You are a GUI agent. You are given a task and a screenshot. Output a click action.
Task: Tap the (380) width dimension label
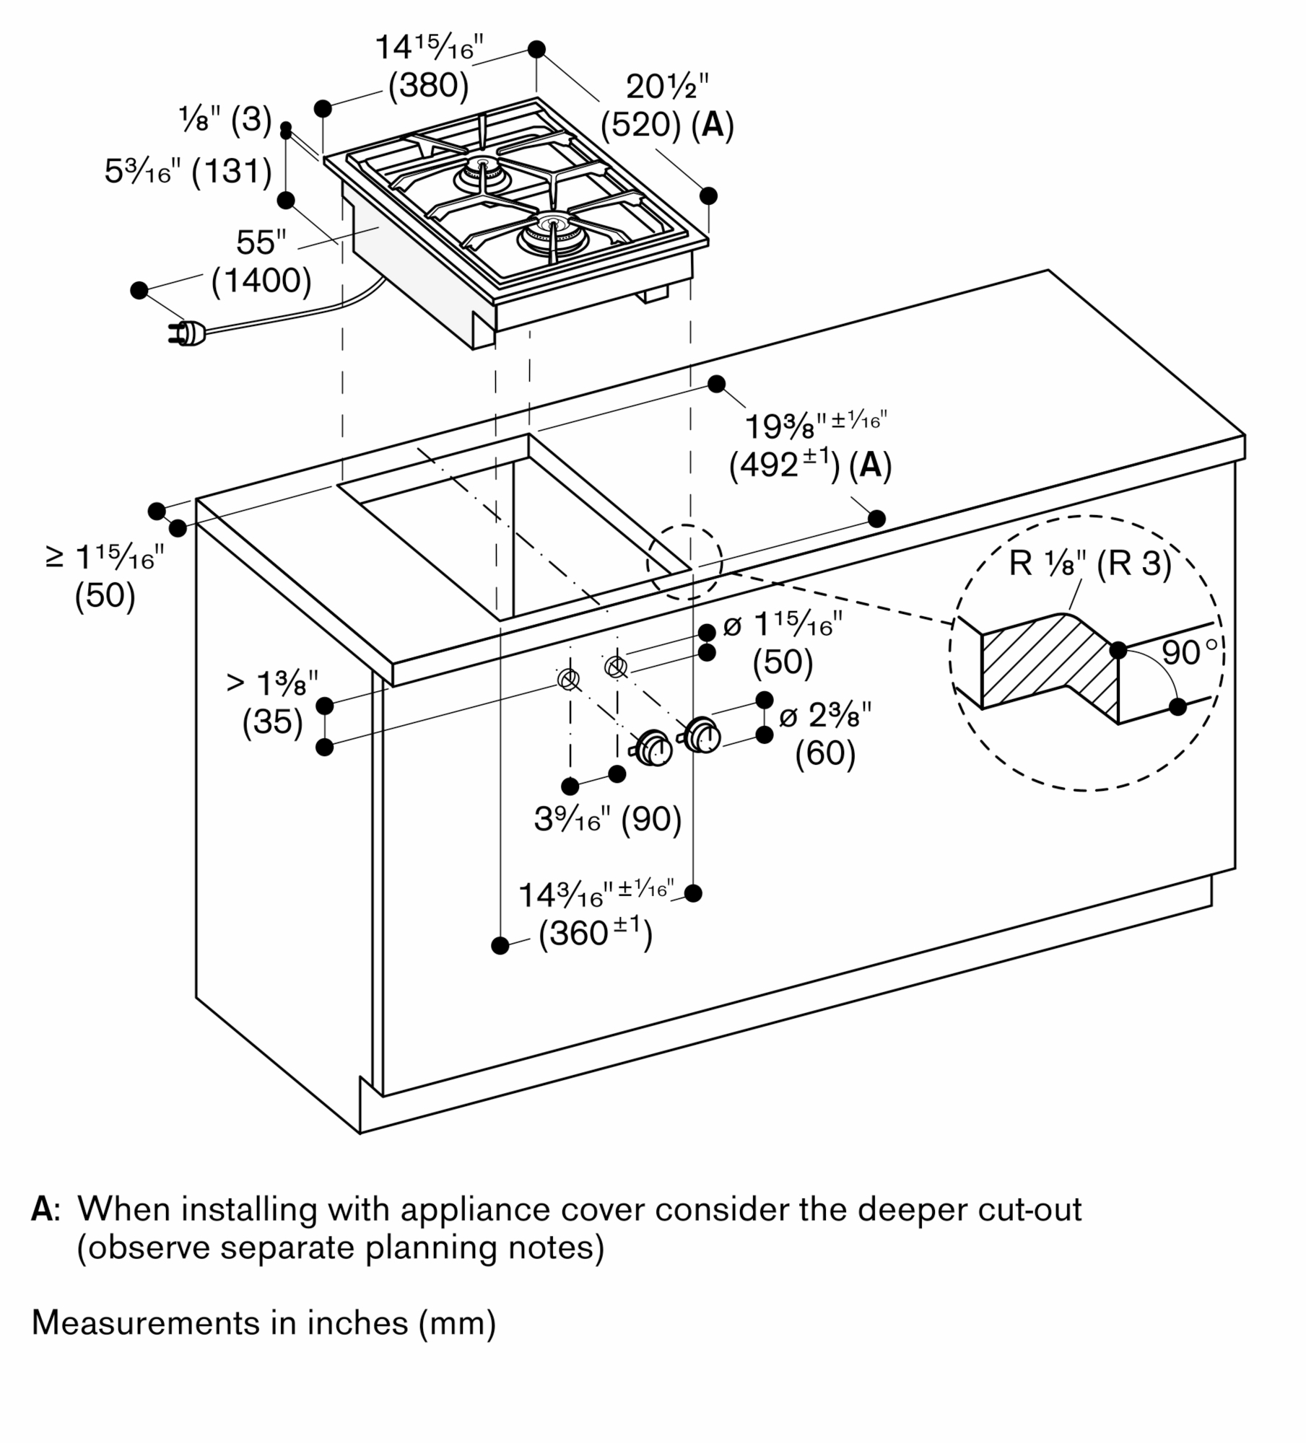[428, 87]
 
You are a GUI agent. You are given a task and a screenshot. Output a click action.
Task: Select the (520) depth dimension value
[640, 126]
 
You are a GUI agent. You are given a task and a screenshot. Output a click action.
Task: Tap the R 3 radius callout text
[1133, 563]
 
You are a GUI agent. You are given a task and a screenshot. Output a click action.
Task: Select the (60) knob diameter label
[825, 754]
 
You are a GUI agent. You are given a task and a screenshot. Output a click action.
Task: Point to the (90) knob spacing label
[651, 819]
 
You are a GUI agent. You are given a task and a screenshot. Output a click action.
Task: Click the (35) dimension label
[272, 721]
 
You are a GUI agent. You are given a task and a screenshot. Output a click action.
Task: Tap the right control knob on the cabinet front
[702, 734]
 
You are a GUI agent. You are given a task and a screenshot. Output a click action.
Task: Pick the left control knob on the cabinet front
[654, 748]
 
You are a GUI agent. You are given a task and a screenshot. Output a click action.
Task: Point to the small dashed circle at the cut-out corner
[684, 562]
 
